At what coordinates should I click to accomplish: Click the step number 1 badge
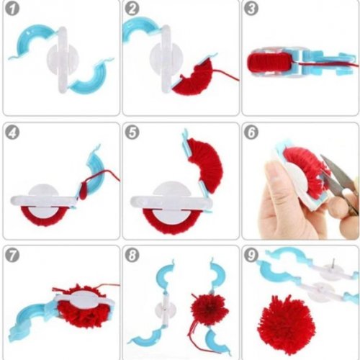click(x=12, y=9)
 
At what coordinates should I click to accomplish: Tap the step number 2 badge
click(x=132, y=9)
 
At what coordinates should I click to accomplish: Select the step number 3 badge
click(x=251, y=9)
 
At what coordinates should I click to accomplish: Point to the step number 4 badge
click(x=12, y=132)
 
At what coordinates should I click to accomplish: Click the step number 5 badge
click(x=132, y=132)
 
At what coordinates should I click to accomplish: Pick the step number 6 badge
click(x=251, y=132)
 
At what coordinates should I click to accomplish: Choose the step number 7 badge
click(x=12, y=255)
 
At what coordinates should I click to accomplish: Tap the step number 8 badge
click(x=132, y=255)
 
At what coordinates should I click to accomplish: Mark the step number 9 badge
click(x=251, y=255)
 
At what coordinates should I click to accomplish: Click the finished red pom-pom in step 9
click(x=286, y=325)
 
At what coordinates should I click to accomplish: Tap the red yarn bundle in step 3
click(x=269, y=63)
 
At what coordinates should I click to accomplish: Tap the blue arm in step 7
click(x=31, y=317)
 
